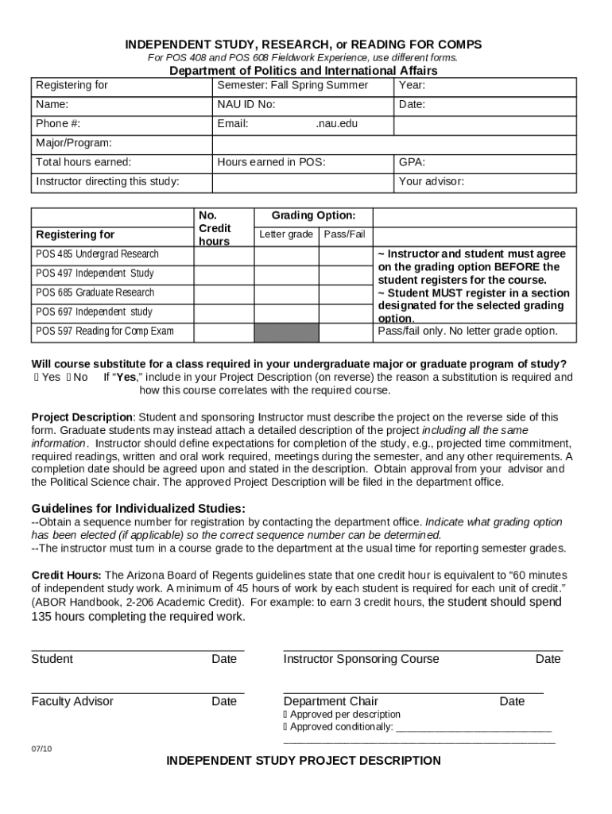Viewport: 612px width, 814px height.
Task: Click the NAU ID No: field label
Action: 246,105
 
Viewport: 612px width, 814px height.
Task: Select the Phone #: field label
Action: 58,124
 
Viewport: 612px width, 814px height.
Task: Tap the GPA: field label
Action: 412,162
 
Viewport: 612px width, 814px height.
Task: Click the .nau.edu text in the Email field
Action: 336,124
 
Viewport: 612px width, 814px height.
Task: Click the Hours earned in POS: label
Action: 271,162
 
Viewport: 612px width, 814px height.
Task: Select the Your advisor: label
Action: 432,181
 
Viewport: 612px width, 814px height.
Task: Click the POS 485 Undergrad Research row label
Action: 97,254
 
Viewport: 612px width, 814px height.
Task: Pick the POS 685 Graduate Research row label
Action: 95,293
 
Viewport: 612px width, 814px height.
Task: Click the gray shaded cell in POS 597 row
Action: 285,331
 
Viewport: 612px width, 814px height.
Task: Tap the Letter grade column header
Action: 286,235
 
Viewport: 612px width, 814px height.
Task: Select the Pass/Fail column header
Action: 344,235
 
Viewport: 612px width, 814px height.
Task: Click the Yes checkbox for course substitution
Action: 37,378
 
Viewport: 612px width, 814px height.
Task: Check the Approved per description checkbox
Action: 286,715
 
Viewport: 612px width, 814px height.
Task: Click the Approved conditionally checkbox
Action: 286,727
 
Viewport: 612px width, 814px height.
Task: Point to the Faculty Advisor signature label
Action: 72,701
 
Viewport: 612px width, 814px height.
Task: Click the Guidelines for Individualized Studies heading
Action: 138,509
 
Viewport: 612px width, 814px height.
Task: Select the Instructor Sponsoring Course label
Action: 361,659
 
